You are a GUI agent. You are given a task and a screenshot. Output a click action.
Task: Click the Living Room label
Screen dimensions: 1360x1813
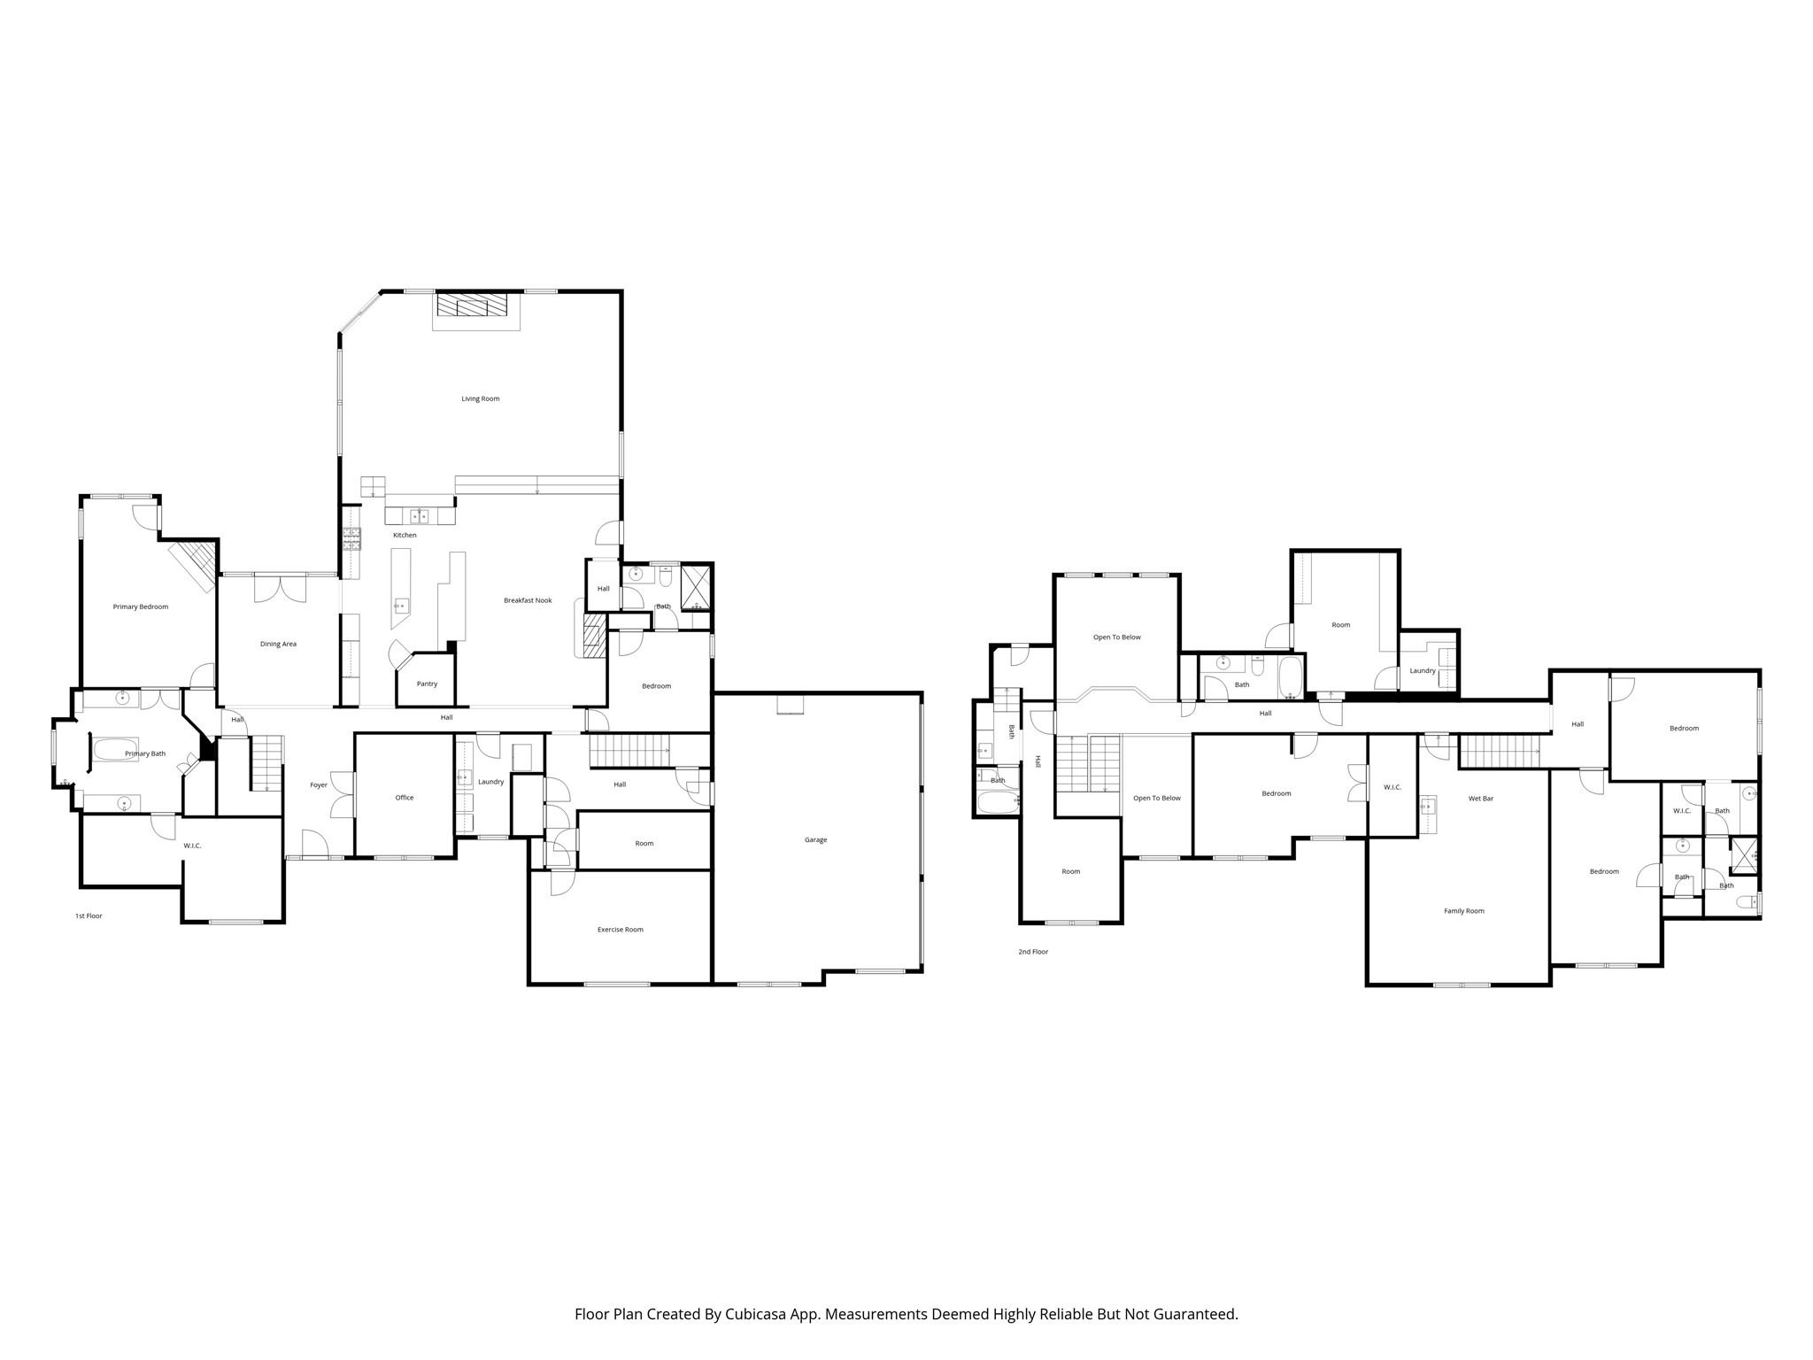click(x=480, y=398)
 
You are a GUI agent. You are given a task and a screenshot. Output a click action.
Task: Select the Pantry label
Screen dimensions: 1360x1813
click(x=427, y=684)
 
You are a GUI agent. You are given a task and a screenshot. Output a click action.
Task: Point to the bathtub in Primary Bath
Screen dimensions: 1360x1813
click(x=116, y=750)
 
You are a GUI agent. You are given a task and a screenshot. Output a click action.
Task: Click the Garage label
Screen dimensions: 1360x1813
click(x=815, y=839)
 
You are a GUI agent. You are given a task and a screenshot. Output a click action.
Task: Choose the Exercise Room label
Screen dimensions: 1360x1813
click(x=620, y=930)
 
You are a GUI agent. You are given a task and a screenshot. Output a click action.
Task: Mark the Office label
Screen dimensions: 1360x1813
click(x=404, y=798)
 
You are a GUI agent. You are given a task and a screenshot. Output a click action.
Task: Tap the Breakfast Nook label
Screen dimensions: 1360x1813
click(x=528, y=600)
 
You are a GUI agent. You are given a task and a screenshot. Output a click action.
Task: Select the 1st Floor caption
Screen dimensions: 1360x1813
click(x=89, y=916)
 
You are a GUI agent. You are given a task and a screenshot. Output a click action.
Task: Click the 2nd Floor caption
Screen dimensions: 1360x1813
click(x=1032, y=952)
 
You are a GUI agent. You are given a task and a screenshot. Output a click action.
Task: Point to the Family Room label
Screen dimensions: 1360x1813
click(x=1463, y=911)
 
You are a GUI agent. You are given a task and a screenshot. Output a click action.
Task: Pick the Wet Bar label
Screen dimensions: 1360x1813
click(x=1480, y=799)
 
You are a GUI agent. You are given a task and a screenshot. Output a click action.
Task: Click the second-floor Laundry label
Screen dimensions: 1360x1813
click(x=1422, y=671)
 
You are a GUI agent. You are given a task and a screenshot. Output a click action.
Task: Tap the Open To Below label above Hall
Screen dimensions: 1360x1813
click(x=1116, y=637)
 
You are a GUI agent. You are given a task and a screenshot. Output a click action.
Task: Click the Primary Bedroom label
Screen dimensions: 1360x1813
click(x=140, y=607)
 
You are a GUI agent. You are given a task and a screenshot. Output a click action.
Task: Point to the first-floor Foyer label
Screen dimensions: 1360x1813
click(x=319, y=785)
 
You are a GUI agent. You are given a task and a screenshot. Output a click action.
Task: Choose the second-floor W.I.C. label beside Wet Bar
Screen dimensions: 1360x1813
click(x=1392, y=787)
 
